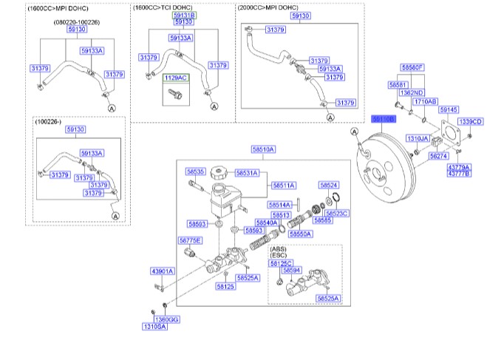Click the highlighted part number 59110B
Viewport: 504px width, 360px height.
click(x=384, y=118)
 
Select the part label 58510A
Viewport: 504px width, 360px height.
click(x=263, y=149)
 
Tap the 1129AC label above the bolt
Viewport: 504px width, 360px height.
click(x=177, y=78)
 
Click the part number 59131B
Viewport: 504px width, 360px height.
click(x=184, y=15)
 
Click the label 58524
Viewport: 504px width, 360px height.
click(x=329, y=186)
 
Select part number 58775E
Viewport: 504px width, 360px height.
click(x=190, y=240)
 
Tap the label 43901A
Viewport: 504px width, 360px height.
click(x=162, y=271)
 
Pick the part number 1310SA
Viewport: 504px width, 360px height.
click(x=154, y=325)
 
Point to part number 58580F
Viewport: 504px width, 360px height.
click(x=412, y=67)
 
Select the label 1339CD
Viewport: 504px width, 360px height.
click(x=470, y=121)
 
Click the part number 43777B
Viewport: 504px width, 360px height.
click(x=458, y=172)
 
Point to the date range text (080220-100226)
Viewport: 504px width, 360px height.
click(x=76, y=22)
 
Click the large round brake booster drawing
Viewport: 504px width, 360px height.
click(x=384, y=170)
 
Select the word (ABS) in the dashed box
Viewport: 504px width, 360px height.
click(x=279, y=249)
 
